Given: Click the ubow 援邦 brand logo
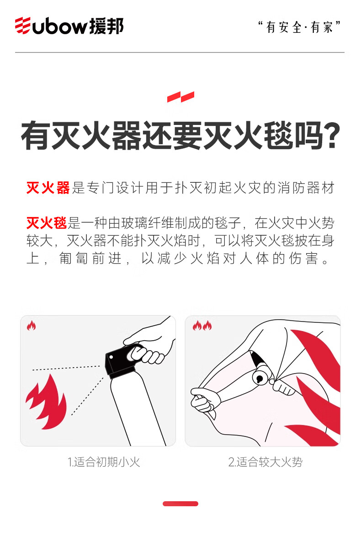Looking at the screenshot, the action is (69, 26).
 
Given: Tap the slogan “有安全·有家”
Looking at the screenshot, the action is (300, 27).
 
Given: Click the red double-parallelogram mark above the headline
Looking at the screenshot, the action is (180, 97).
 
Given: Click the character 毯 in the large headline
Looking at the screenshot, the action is (278, 135).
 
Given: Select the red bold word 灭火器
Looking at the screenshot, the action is (48, 188).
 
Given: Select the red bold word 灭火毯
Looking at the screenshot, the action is (47, 223).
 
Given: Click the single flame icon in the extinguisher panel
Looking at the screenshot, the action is (32, 326).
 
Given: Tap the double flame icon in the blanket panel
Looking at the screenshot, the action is (202, 326).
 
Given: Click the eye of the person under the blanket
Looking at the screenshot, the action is (259, 378).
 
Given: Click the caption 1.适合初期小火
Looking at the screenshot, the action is (104, 462).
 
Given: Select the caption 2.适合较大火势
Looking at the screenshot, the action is (265, 462).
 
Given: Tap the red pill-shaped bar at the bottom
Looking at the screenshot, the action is (180, 504).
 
